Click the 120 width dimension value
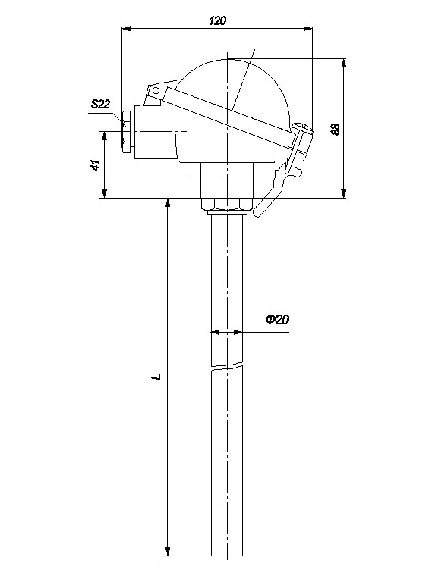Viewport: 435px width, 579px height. (x=217, y=20)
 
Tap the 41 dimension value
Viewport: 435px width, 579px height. (x=96, y=165)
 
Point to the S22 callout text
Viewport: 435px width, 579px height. (x=101, y=105)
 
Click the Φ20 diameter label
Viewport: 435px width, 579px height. (x=277, y=319)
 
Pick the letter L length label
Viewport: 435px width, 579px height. (x=159, y=377)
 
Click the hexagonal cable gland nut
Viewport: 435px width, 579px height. (x=126, y=131)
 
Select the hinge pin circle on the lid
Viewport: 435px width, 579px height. (x=156, y=90)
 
